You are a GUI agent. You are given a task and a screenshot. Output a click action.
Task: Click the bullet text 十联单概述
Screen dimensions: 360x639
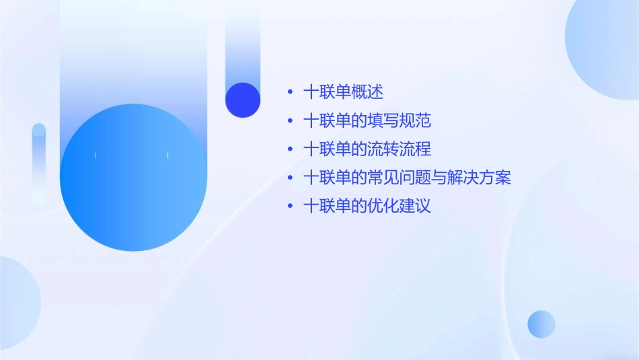(x=343, y=92)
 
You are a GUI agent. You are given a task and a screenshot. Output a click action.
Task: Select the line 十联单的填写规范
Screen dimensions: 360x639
(x=367, y=121)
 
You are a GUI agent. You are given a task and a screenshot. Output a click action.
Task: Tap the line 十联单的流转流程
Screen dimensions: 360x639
(x=367, y=149)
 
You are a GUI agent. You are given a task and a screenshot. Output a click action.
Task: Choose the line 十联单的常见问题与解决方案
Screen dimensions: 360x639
(x=407, y=178)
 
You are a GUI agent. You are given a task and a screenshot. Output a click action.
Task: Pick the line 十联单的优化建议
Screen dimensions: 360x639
(x=367, y=206)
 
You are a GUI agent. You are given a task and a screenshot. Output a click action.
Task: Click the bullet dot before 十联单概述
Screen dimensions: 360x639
(x=290, y=93)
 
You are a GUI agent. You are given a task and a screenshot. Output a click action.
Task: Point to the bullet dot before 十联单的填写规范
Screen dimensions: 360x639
(x=290, y=121)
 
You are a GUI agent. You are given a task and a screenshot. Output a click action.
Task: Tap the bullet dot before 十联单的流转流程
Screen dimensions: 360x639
(x=290, y=149)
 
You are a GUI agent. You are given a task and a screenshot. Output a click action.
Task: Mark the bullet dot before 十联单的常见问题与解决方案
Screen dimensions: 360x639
(x=290, y=178)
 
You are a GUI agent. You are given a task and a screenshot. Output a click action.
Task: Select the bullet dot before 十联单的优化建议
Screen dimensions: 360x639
(x=290, y=206)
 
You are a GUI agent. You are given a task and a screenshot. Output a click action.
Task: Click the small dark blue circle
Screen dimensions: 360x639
(x=243, y=100)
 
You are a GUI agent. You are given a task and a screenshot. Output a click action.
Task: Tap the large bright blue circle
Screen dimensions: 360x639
(x=133, y=178)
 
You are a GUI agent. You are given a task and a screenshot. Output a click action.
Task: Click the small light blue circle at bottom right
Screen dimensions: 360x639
(x=541, y=324)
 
